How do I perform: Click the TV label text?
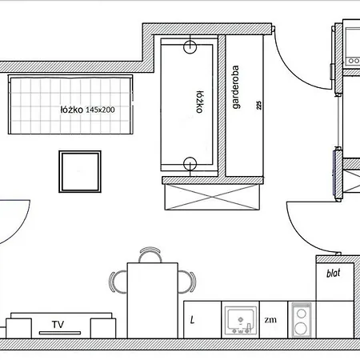(58, 325)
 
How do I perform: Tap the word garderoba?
(235, 87)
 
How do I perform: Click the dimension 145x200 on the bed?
(100, 110)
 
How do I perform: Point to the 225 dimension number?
(259, 105)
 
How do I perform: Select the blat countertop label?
(334, 273)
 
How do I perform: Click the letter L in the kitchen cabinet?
(192, 319)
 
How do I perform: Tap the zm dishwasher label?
(270, 319)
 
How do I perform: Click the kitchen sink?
(241, 321)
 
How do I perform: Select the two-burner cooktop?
(302, 320)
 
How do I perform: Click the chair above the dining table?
(150, 254)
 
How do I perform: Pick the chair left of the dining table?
(117, 282)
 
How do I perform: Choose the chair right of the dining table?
(188, 282)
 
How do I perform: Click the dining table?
(153, 301)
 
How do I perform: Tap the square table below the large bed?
(80, 171)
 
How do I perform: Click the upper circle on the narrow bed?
(190, 47)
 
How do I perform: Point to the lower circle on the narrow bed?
(190, 163)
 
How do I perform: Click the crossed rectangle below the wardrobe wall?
(212, 197)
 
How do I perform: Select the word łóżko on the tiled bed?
(71, 110)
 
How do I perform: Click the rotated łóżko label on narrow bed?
(200, 102)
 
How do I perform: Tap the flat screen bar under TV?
(60, 333)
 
